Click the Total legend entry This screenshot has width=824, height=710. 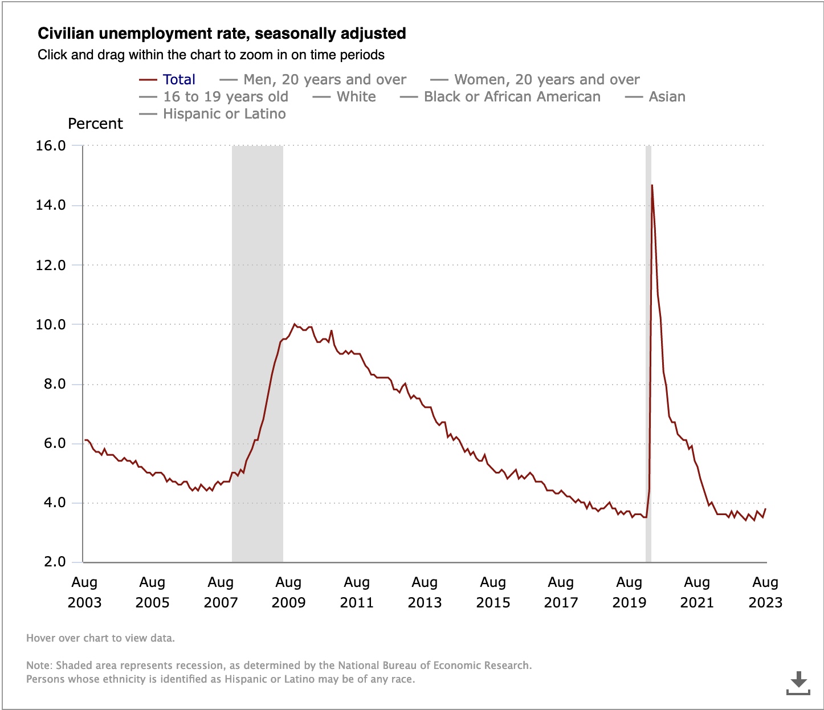coord(178,80)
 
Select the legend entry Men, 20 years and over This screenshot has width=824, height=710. coord(324,80)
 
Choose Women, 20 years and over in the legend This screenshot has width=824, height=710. coord(546,80)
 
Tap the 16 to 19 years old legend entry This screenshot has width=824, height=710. coord(225,97)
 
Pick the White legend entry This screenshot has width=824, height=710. coord(356,97)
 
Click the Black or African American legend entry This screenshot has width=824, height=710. coord(512,97)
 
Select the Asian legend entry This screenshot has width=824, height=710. coord(667,97)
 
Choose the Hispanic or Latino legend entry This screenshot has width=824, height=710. coord(224,114)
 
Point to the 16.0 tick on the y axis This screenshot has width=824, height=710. coord(51,146)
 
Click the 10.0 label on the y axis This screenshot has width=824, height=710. coord(51,325)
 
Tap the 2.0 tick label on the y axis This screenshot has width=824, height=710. coord(55,562)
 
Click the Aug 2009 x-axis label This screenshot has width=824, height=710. coord(288,593)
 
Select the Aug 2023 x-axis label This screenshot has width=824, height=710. coord(765,593)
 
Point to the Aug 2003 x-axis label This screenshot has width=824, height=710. coord(84,593)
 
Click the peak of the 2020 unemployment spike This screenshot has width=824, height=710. coord(652,185)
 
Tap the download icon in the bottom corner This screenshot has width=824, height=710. coord(798,683)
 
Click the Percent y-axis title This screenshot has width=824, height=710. coord(95,124)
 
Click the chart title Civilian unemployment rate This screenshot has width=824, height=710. coord(222,34)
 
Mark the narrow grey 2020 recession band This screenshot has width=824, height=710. coord(648,353)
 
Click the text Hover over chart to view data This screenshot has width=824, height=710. coord(100,638)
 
